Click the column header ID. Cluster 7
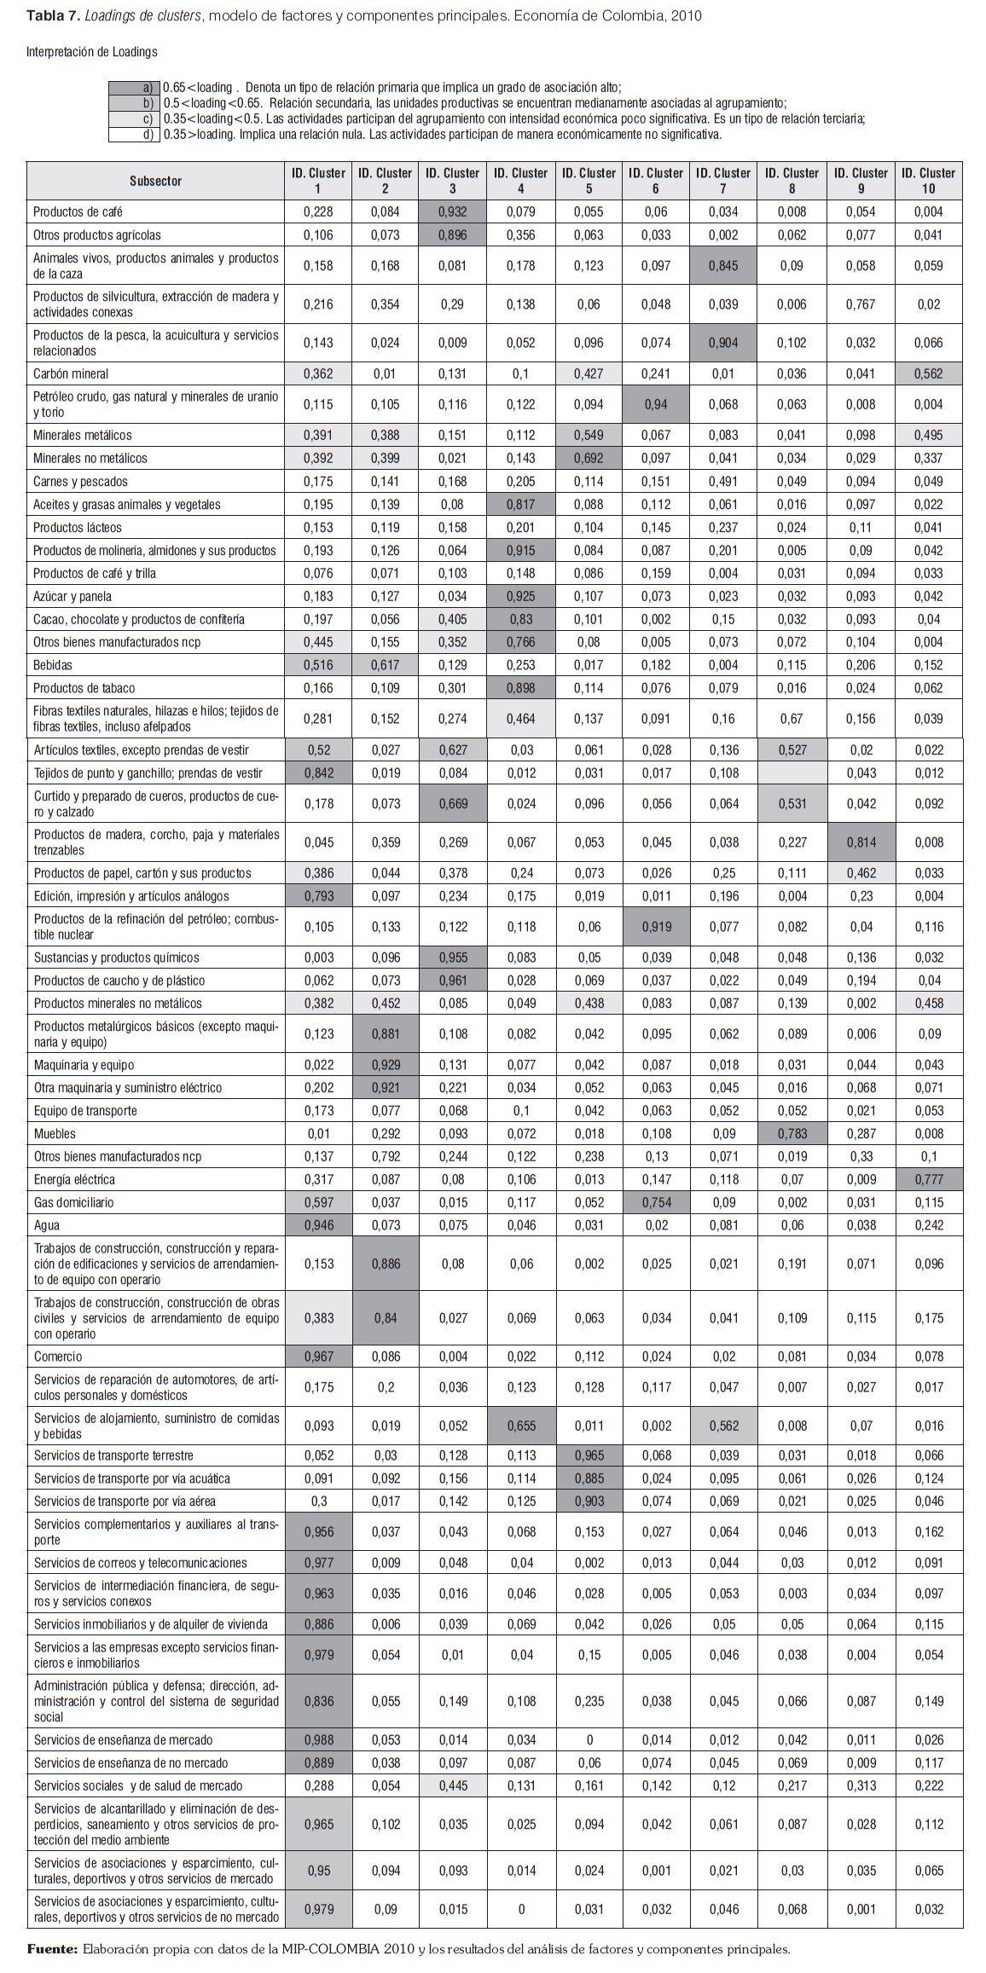(723, 180)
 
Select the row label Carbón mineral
(71, 373)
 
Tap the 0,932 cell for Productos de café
(452, 211)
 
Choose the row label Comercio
(58, 1357)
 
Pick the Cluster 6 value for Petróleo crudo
(656, 405)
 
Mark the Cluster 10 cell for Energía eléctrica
(928, 1179)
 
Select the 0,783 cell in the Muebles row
(792, 1133)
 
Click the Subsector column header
(156, 180)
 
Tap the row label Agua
(46, 1225)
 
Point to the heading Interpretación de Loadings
(92, 52)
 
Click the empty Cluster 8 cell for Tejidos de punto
(792, 772)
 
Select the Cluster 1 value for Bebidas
(318, 664)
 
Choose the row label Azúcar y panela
(72, 596)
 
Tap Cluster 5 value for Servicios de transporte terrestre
(588, 1455)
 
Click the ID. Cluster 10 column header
(928, 180)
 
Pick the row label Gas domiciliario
(73, 1202)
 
